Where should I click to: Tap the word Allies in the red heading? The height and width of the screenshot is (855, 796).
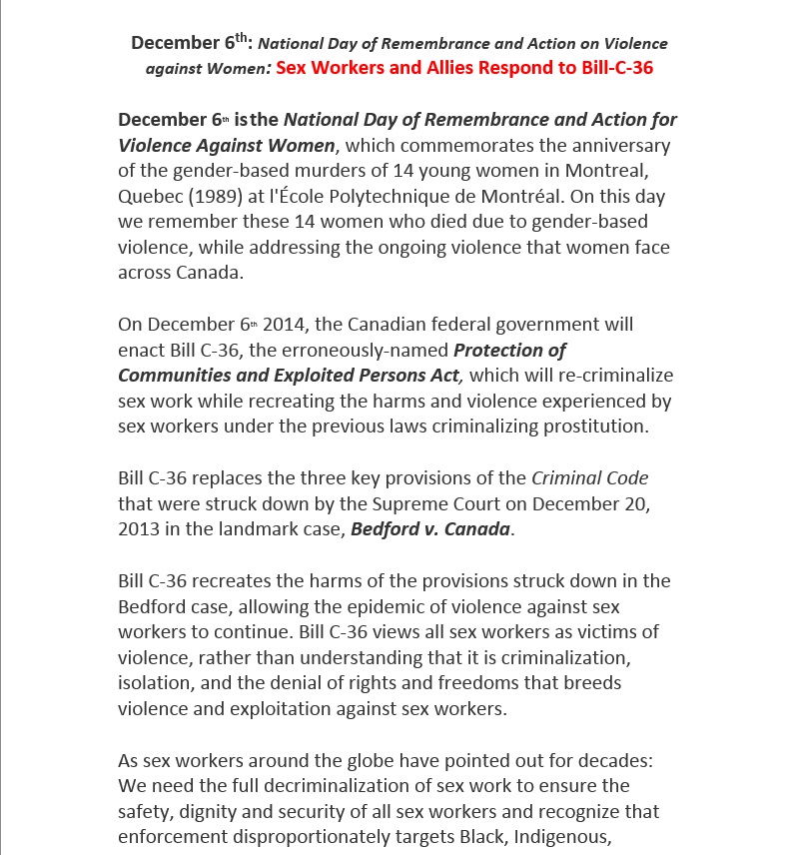420,68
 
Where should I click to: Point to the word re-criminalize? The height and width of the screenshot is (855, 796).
617,376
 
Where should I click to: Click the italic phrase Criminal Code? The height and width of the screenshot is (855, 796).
590,477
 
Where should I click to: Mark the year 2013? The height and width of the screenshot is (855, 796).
138,529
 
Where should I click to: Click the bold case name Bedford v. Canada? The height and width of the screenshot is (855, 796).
430,529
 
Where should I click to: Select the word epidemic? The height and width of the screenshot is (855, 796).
393,606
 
